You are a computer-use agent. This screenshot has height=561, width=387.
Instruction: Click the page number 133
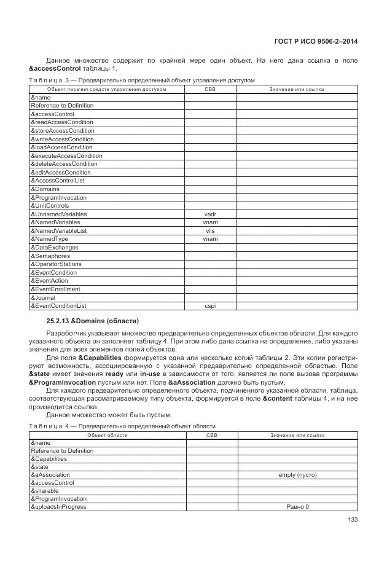point(352,520)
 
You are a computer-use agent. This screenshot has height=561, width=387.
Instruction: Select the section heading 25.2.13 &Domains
point(93,321)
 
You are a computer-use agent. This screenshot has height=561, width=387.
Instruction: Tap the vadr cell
point(209,214)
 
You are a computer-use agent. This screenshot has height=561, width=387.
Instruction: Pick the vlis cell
point(209,230)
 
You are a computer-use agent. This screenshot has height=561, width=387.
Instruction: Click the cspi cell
point(209,305)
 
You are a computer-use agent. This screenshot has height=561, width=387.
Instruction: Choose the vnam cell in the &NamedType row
point(209,239)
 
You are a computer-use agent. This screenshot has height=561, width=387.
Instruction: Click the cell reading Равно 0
point(297,507)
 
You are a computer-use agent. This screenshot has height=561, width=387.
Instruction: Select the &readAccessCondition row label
point(62,122)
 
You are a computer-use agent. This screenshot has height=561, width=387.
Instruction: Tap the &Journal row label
point(43,297)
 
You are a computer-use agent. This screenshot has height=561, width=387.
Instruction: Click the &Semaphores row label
point(50,256)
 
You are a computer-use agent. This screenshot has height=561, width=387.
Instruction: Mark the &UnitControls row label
point(50,206)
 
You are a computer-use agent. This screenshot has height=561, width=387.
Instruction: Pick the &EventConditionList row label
point(58,305)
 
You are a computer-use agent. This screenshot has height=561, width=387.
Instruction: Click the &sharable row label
point(45,491)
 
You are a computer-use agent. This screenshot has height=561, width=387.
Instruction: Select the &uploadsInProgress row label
point(58,507)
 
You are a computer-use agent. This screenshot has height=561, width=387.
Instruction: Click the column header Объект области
point(107,435)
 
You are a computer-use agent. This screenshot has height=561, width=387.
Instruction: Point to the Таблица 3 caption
point(141,80)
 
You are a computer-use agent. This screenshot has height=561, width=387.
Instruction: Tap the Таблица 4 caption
point(122,426)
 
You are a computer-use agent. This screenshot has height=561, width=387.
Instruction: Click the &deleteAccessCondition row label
point(64,164)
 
